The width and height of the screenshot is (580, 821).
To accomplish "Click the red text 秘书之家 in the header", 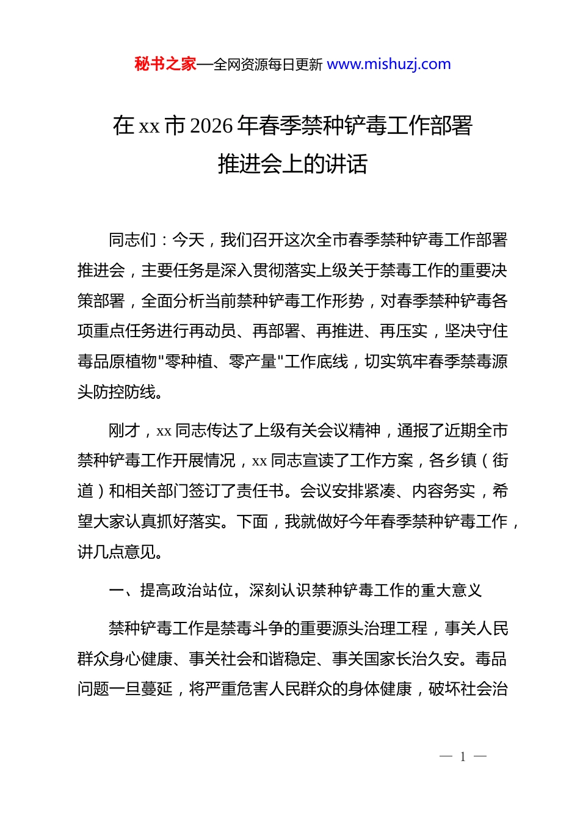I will click(x=165, y=64).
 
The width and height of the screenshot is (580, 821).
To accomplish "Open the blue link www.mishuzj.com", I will click(x=389, y=64).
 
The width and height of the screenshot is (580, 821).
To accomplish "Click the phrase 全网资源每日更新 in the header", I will click(x=268, y=65).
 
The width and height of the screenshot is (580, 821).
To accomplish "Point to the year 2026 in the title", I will click(x=211, y=126).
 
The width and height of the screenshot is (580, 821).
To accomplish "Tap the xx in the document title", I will click(x=149, y=126).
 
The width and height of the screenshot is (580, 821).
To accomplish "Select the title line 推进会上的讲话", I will click(x=292, y=164).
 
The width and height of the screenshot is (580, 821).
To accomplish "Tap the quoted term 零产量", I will click(x=253, y=362).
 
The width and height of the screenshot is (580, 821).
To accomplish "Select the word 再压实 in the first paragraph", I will click(x=404, y=331).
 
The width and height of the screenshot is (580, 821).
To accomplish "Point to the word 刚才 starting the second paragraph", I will click(x=125, y=431).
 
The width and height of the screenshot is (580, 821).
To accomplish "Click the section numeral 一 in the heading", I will click(x=117, y=590).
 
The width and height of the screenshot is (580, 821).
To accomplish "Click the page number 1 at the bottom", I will click(x=463, y=757).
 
